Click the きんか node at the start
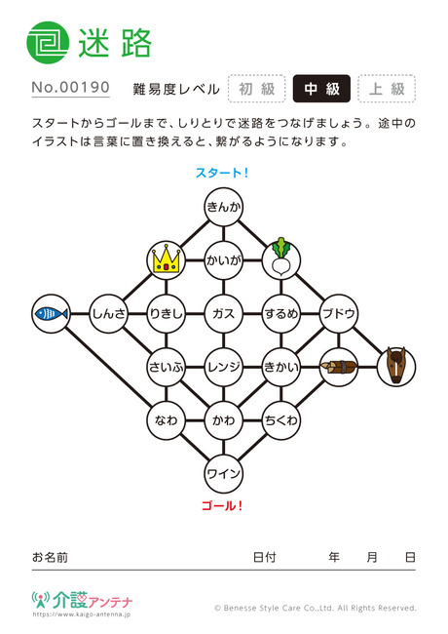[x=224, y=207]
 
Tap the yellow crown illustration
[x=166, y=260]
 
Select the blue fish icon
[x=52, y=314]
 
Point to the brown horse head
[x=396, y=367]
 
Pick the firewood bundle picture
[x=339, y=367]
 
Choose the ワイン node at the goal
[x=224, y=473]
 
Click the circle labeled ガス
[x=224, y=314]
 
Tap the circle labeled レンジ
[x=224, y=367]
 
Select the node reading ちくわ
[x=280, y=420]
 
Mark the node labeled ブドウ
[x=339, y=314]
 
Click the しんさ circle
[x=108, y=314]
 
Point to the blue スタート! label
[x=222, y=173]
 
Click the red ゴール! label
[x=222, y=505]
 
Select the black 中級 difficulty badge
[x=321, y=89]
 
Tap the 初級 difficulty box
[x=257, y=89]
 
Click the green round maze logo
[x=48, y=43]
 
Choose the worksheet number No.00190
[x=71, y=88]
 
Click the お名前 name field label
[x=50, y=557]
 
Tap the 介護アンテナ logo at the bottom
[x=82, y=601]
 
